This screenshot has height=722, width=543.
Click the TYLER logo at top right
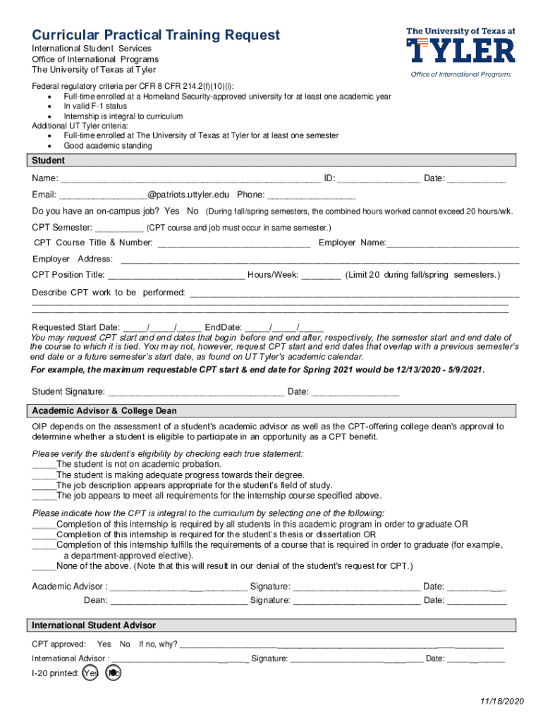[x=461, y=49]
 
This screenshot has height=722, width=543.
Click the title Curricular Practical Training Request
[x=156, y=35]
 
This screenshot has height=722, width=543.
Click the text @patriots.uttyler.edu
[x=188, y=195]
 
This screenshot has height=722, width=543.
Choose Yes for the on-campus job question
[x=171, y=212]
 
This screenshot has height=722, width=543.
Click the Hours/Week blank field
[x=321, y=276]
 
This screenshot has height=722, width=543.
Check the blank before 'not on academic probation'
[x=44, y=465]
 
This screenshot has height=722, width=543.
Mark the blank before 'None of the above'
[x=44, y=567]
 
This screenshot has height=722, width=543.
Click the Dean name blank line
[x=178, y=601]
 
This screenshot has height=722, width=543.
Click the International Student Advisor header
[x=94, y=625]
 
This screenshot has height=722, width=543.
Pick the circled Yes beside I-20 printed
[x=90, y=673]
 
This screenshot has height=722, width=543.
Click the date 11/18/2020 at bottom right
[x=501, y=701]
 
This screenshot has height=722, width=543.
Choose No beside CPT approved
[x=125, y=644]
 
